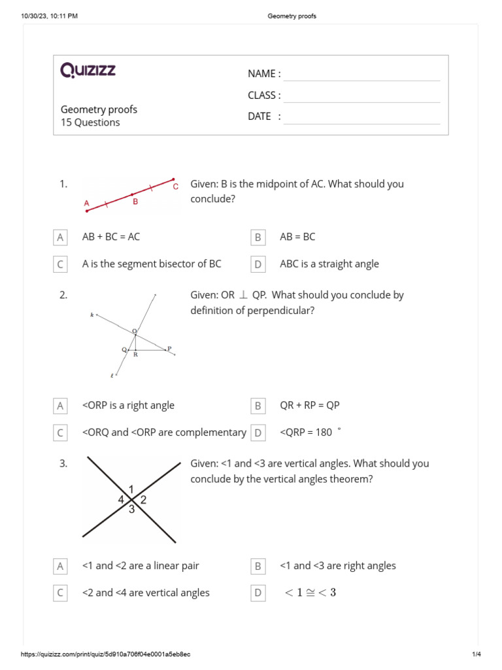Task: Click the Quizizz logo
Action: point(88,70)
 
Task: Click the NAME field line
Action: point(361,74)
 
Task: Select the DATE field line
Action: point(361,117)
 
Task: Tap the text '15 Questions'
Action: point(90,122)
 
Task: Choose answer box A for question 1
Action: point(60,238)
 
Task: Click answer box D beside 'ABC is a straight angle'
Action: point(258,264)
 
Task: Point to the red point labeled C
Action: point(173,179)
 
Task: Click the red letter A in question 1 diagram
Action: point(86,203)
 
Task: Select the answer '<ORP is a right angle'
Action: point(128,406)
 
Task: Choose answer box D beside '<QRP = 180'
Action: point(258,432)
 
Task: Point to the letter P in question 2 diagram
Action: point(169,348)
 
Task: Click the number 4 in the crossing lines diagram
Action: point(120,500)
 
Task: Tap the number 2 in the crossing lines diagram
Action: point(143,500)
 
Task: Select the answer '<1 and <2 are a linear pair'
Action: point(141,566)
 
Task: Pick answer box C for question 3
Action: point(60,593)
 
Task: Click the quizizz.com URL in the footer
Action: point(106,654)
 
